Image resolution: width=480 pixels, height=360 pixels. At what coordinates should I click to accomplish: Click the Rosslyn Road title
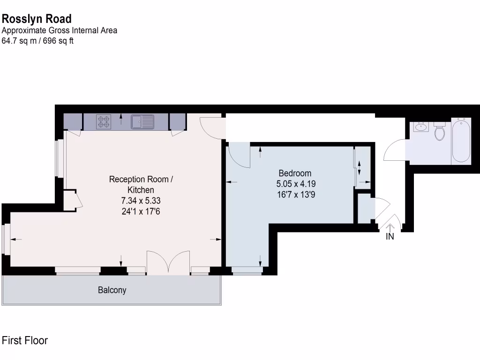pyautogui.click(x=37, y=19)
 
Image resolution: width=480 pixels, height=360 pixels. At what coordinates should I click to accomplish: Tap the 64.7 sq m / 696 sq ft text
pyautogui.click(x=38, y=40)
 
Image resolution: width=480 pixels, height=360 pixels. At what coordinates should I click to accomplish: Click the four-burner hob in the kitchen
pyautogui.click(x=104, y=122)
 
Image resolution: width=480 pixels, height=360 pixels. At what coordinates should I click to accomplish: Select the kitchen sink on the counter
pyautogui.click(x=142, y=122)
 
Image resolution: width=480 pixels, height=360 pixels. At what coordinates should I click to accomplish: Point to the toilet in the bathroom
pyautogui.click(x=440, y=132)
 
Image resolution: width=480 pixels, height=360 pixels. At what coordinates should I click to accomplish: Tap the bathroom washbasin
pyautogui.click(x=421, y=127)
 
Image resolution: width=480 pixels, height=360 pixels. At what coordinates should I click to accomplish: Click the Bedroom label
pyautogui.click(x=295, y=173)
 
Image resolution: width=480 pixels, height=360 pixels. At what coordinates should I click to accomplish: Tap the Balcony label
pyautogui.click(x=112, y=290)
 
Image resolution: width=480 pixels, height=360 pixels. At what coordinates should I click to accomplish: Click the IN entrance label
pyautogui.click(x=390, y=237)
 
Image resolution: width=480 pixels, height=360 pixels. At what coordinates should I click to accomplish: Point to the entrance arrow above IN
pyautogui.click(x=390, y=227)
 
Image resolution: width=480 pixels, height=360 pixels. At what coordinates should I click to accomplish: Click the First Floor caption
pyautogui.click(x=25, y=341)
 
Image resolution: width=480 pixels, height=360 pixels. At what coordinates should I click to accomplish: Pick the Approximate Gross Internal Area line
pyautogui.click(x=60, y=30)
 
